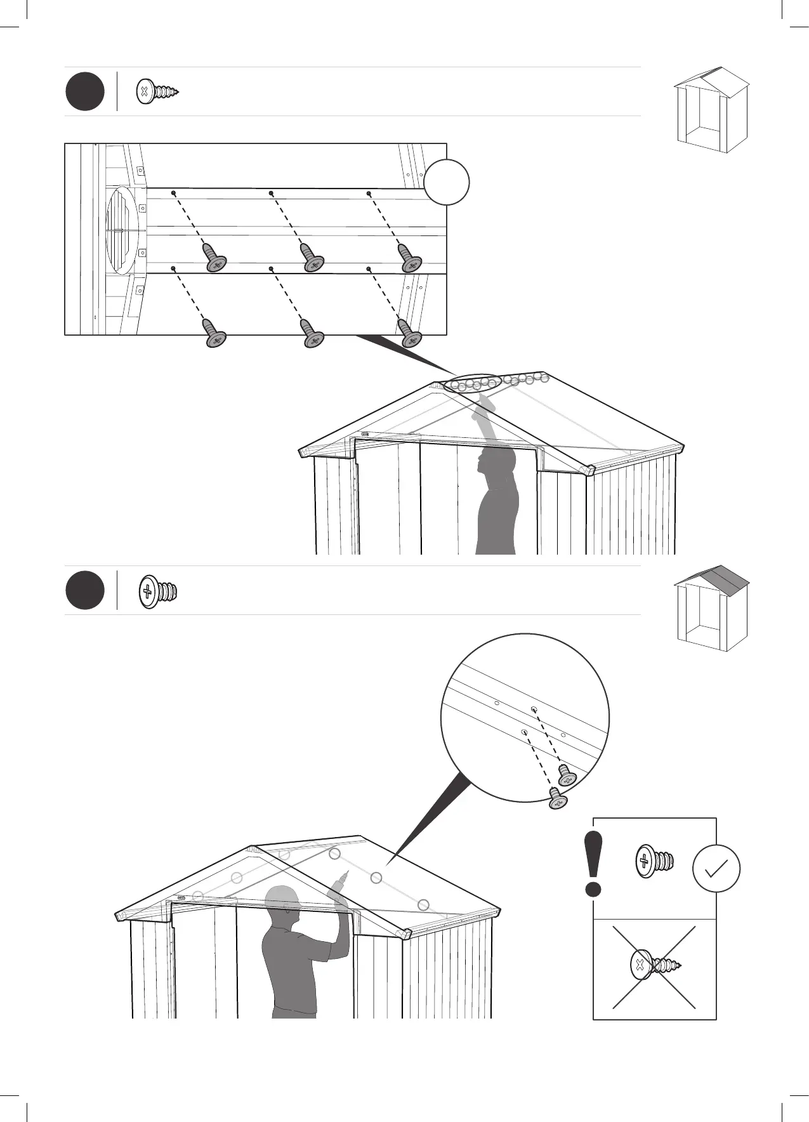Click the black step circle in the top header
(85, 92)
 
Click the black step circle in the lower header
(85, 591)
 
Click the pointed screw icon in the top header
(157, 92)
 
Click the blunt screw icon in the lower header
(157, 591)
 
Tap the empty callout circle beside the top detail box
(447, 182)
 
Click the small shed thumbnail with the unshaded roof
(711, 109)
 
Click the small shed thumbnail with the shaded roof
(711, 608)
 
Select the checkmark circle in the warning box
(716, 869)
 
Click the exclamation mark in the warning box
(594, 864)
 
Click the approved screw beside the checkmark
(655, 861)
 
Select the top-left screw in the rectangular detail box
(214, 258)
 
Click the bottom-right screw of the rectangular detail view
(410, 334)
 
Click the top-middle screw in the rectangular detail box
(312, 258)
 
